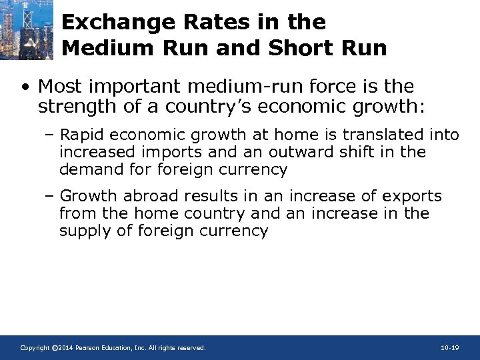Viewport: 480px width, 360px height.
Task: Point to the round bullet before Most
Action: pyautogui.click(x=25, y=87)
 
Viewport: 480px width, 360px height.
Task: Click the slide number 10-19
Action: pyautogui.click(x=450, y=348)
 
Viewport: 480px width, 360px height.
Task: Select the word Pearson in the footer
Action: pyautogui.click(x=89, y=348)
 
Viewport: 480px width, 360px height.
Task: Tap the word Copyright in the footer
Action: pyautogui.click(x=34, y=348)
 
